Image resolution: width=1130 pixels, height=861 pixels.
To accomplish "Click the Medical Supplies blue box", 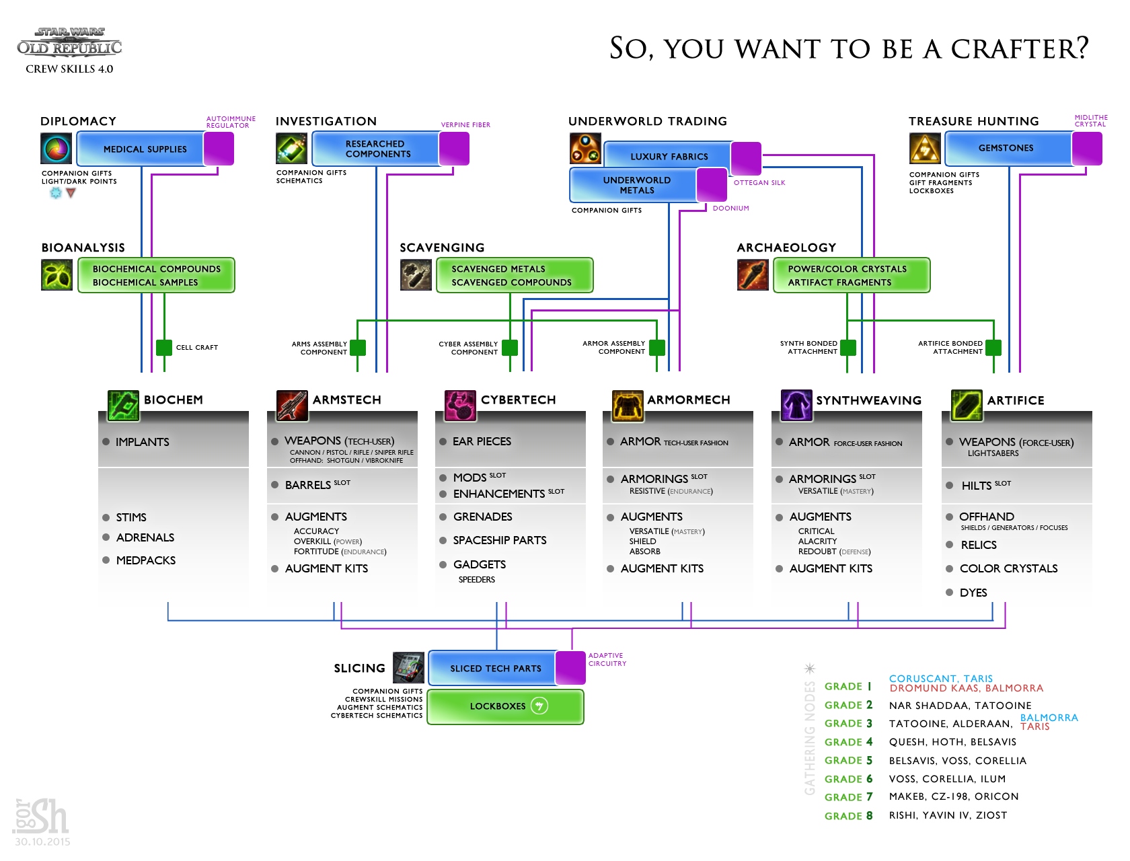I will [144, 149].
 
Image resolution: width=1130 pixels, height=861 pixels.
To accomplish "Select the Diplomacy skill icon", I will [56, 148].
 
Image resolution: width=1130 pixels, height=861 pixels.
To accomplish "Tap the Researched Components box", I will [377, 149].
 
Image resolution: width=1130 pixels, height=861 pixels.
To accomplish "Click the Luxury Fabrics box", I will [669, 156].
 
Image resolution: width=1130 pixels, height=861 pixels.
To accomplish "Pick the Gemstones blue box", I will [1006, 148].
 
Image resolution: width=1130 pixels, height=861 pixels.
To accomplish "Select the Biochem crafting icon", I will [123, 405].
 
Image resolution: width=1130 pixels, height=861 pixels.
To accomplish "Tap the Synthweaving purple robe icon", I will [796, 405].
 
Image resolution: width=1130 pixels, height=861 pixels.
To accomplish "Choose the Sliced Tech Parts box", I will [495, 668].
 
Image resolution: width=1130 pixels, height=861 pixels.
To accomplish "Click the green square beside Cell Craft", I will [164, 347].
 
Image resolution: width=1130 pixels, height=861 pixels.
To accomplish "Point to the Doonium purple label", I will [730, 209].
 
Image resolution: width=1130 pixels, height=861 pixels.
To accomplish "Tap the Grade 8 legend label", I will [848, 816].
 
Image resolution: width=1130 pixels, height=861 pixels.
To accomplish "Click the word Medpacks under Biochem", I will [146, 560].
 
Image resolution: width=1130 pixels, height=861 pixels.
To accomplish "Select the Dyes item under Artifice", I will [973, 593].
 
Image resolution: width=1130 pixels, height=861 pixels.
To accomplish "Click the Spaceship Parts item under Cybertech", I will [500, 540].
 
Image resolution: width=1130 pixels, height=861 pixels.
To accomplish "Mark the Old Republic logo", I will [69, 42].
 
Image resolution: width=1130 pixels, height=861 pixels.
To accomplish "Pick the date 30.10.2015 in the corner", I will [42, 841].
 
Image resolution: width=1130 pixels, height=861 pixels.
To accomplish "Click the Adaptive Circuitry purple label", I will [607, 659].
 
